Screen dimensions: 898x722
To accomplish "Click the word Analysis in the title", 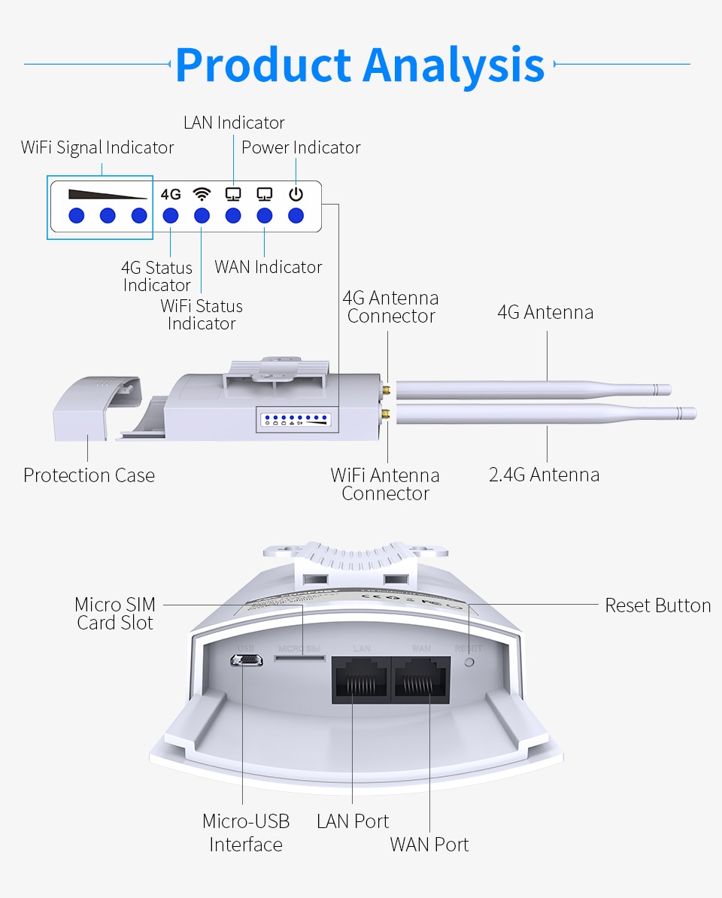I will coord(454,65).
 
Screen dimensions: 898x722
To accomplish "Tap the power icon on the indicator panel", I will coord(296,194).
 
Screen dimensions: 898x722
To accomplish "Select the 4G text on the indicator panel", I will coord(171,194).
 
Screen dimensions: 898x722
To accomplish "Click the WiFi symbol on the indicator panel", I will coord(202,194).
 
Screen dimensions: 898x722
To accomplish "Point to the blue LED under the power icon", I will coord(296,216).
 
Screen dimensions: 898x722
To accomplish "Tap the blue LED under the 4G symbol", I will coord(171,216).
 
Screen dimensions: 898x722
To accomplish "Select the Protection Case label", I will coord(89,475).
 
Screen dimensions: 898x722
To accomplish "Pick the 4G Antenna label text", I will coord(545,312).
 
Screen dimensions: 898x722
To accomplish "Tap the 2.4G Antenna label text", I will coord(545,475).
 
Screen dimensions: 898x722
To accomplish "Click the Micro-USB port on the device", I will coord(246,660).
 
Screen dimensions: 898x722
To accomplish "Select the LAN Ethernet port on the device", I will coord(360,680).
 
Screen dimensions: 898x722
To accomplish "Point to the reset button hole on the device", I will coord(470,663).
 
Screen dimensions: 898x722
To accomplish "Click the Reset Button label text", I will coord(657,605).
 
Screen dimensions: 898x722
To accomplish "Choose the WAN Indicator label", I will coord(268,267).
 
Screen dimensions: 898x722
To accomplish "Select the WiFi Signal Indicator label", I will coord(97,147).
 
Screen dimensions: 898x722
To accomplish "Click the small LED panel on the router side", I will coord(297,419).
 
